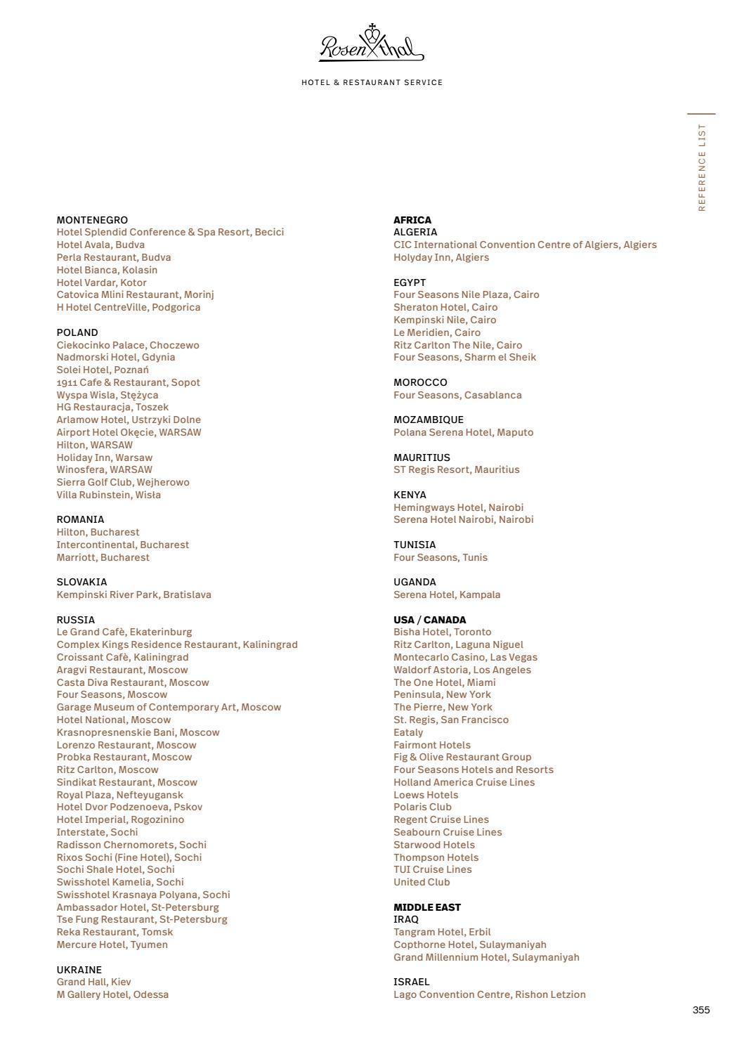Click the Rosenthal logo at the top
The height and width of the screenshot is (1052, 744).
(372, 43)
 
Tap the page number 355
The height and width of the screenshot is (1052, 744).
(700, 1010)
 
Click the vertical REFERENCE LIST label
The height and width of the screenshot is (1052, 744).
(702, 167)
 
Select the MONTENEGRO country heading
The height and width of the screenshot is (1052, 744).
(92, 220)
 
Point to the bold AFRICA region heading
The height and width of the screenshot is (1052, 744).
(412, 220)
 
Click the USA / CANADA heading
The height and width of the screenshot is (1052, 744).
(429, 620)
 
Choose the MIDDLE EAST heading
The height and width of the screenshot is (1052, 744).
(427, 907)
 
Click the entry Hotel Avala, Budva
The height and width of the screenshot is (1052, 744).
(100, 245)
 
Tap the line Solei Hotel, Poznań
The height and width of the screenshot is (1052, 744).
(103, 370)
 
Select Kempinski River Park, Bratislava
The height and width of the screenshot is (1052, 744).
(133, 595)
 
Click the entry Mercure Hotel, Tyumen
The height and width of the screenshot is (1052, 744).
(112, 944)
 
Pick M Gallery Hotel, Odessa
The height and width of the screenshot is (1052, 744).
(112, 994)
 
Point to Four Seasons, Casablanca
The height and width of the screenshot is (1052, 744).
(457, 395)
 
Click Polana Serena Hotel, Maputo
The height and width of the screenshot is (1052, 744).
(463, 432)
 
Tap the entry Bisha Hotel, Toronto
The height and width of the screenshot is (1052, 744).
(442, 632)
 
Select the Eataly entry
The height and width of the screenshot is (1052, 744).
(408, 732)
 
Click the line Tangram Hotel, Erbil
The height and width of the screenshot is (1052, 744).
(442, 932)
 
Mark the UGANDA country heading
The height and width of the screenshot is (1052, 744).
(415, 582)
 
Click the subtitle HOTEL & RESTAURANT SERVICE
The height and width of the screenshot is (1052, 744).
(372, 82)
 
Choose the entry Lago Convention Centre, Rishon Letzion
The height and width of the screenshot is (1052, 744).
(489, 994)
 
